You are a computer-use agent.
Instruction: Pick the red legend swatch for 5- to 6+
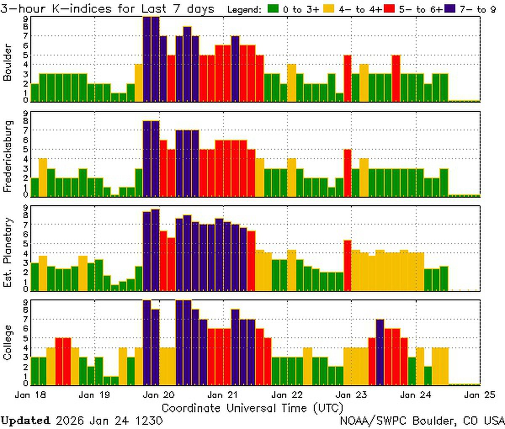coord(389,9)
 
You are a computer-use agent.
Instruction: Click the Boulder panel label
coord(7,62)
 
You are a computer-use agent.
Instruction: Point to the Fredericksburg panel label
coord(7,156)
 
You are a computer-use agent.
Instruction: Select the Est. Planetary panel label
coord(7,252)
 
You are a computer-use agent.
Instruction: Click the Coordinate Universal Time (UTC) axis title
coord(252,408)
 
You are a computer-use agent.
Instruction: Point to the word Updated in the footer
coord(25,421)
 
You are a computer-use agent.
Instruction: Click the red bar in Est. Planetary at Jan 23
coord(348,265)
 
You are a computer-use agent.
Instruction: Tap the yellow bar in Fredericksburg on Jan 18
coord(43,177)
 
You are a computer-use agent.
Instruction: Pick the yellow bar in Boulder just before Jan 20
coord(139,83)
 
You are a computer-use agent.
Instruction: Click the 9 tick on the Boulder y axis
coord(26,18)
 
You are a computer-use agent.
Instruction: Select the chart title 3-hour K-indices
coord(107,9)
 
